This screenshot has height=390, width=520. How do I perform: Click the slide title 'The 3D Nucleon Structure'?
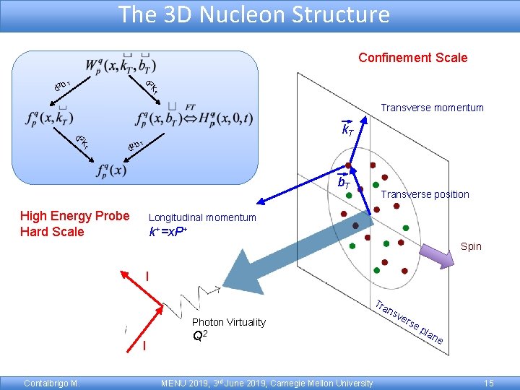[x=253, y=14]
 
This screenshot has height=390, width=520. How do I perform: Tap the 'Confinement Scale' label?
[x=413, y=58]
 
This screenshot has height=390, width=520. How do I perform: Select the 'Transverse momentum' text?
[x=432, y=108]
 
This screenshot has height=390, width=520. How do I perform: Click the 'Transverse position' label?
[x=425, y=194]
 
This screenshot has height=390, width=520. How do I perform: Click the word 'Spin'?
[x=470, y=246]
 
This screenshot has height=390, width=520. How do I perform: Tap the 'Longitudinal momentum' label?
[x=202, y=217]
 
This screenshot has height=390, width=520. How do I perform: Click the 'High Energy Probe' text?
[x=75, y=216]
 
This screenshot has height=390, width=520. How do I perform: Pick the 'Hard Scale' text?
[x=52, y=232]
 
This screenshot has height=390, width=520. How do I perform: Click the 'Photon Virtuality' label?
[x=229, y=322]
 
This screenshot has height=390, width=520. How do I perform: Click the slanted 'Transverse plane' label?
[x=408, y=321]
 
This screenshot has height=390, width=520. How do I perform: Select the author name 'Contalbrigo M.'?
[x=51, y=383]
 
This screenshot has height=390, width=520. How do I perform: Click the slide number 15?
[x=489, y=383]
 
